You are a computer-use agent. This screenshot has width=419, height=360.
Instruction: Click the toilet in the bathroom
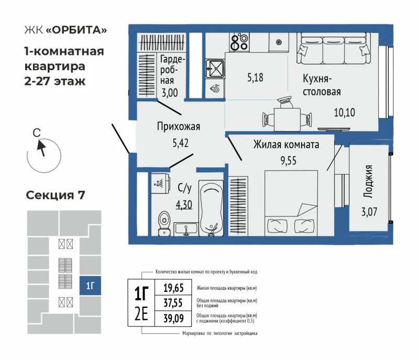pyautogui.click(x=164, y=223)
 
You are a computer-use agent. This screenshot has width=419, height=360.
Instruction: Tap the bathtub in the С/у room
pyautogui.click(x=211, y=208)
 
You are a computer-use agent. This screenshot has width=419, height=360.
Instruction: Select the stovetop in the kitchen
pyautogui.click(x=239, y=42)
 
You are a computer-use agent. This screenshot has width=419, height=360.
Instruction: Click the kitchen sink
pyautogui.click(x=215, y=69)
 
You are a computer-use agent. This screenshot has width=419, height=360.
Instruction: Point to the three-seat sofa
pyautogui.click(x=334, y=48)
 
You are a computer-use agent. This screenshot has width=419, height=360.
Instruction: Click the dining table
pyautogui.click(x=287, y=119)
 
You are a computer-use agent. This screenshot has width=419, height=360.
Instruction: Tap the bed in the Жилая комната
pyautogui.click(x=291, y=203)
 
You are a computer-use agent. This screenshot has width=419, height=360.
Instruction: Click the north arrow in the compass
pyautogui.click(x=41, y=148)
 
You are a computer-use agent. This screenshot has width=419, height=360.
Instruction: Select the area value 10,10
pyautogui.click(x=345, y=113)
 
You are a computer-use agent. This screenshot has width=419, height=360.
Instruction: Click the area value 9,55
pyautogui.click(x=289, y=161)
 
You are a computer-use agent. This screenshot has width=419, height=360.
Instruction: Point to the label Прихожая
pyautogui.click(x=179, y=126)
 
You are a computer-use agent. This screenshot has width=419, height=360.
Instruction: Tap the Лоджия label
pyautogui.click(x=369, y=181)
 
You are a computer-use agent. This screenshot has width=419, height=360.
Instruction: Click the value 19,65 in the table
pyautogui.click(x=173, y=288)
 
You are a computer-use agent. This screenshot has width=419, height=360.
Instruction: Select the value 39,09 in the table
pyautogui.click(x=173, y=318)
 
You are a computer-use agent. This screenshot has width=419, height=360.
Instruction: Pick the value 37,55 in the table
pyautogui.click(x=173, y=303)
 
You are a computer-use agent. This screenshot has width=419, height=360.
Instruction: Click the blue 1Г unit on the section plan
pyautogui.click(x=90, y=286)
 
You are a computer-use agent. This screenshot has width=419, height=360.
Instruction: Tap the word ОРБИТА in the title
pyautogui.click(x=76, y=30)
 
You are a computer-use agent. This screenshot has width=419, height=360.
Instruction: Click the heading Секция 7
pyautogui.click(x=56, y=195)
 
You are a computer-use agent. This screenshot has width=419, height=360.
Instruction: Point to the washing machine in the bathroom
pyautogui.click(x=161, y=183)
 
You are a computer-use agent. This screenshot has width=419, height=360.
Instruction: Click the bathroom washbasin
pyautogui.click(x=186, y=230)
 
